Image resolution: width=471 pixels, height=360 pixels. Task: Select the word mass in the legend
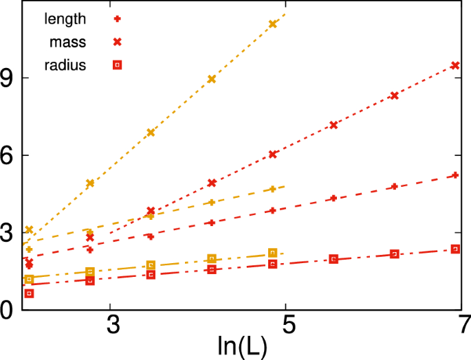67,43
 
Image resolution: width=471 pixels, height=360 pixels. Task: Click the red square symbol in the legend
117,65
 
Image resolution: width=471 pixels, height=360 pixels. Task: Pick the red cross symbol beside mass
117,43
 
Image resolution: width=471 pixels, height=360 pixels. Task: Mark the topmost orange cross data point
273,24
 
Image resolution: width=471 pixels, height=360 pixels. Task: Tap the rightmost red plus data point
455,175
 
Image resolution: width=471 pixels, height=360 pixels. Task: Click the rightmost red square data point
455,249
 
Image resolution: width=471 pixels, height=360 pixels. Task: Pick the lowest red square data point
29,293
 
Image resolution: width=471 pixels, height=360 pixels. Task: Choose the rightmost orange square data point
273,253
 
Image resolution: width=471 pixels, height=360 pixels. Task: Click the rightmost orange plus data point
273,189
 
